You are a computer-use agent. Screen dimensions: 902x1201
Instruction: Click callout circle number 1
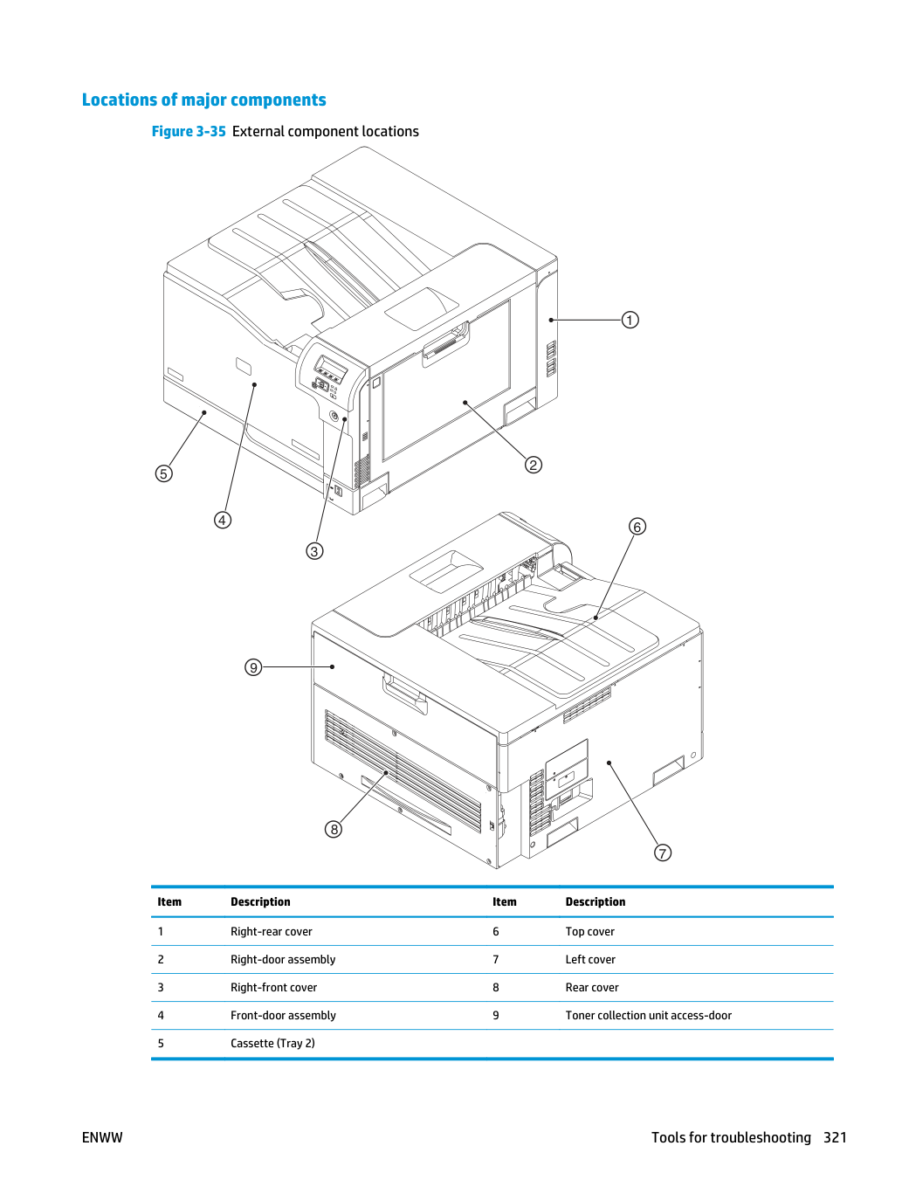[630, 320]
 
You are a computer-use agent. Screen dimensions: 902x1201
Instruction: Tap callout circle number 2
[534, 465]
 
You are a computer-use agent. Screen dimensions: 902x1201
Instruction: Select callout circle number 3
[314, 551]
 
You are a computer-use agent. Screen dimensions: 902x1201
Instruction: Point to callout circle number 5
[163, 473]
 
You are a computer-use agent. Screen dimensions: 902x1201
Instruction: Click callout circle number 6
[637, 527]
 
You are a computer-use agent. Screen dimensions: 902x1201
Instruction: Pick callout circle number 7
[663, 853]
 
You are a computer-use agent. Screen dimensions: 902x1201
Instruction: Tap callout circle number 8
[334, 830]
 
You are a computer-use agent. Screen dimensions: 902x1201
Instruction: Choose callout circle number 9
[253, 667]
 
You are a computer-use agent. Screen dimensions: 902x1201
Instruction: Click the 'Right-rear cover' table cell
[272, 931]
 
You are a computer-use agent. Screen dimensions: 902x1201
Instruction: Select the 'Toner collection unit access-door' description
[648, 1015]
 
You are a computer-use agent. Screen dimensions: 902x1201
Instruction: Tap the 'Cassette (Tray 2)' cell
[272, 1043]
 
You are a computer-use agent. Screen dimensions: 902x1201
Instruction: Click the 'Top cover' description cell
[589, 931]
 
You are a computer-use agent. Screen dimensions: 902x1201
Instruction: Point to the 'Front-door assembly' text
[283, 1015]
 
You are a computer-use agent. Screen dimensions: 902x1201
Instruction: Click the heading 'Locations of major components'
[204, 100]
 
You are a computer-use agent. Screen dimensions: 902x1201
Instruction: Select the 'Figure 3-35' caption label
[189, 131]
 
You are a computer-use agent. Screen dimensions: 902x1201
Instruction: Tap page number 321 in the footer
[835, 1137]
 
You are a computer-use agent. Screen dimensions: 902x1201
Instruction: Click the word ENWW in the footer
[102, 1137]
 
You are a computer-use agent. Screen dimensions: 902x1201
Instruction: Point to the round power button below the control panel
[334, 416]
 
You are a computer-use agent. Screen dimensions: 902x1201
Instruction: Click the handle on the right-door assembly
[445, 345]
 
